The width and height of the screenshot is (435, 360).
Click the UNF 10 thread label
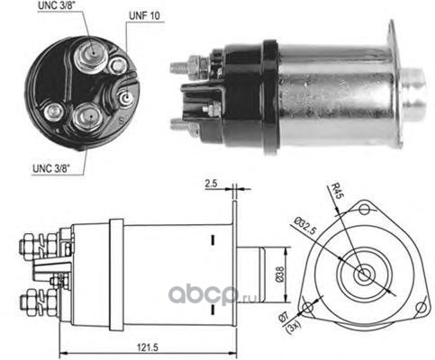(144, 15)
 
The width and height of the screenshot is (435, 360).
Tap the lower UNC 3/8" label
(50, 168)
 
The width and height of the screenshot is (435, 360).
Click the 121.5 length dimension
(148, 347)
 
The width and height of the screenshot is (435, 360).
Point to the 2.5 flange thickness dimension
(211, 184)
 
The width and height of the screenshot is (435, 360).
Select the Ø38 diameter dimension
(279, 274)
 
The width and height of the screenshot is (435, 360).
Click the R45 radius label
(336, 191)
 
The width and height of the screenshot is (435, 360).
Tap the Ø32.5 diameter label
(305, 226)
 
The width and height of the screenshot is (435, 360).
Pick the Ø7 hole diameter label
(284, 317)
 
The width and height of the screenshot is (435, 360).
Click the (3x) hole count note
(291, 326)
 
